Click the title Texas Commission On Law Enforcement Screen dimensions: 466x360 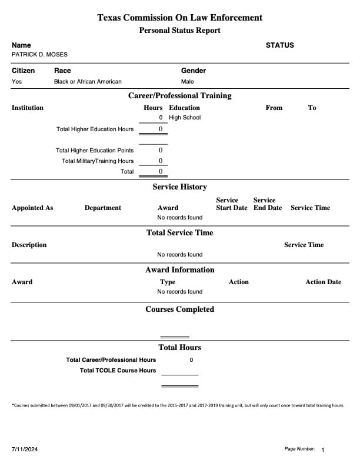coord(180,18)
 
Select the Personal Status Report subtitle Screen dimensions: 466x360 coord(180,31)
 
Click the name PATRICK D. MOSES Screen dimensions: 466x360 coord(39,55)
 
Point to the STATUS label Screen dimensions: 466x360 coord(279,45)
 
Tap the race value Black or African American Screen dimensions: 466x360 coord(88,82)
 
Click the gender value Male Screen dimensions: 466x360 coord(187,82)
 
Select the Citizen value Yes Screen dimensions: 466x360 coord(16,82)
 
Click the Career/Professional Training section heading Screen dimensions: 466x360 coord(180,96)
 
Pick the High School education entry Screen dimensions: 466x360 coord(185,118)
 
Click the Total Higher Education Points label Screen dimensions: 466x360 coord(95,151)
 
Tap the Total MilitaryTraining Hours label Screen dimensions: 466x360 coord(98,161)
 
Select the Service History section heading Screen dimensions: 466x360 coord(180,187)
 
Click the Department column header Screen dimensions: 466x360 coord(103,208)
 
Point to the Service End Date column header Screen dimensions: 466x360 coord(268,204)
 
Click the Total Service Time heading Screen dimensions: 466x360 coord(180,233)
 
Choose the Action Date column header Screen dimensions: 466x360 coord(323,282)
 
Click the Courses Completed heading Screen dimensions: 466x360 coord(180,309)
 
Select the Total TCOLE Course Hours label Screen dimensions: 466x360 coord(118,371)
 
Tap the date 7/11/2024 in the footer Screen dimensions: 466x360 coord(25,450)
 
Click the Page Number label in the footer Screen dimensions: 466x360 coord(299,449)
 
